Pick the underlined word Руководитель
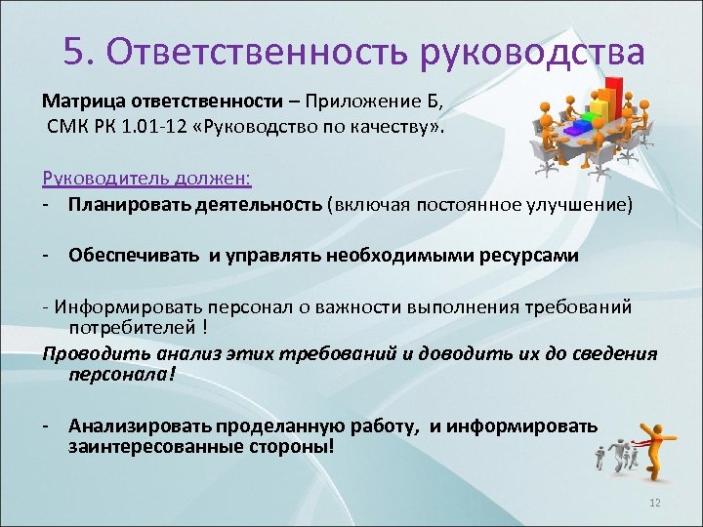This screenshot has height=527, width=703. [x=91, y=179]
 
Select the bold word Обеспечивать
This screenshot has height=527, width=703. [x=134, y=256]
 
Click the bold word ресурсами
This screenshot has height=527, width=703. [x=534, y=256]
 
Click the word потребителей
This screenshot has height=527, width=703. [x=128, y=329]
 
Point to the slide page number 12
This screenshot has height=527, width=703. [x=655, y=503]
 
